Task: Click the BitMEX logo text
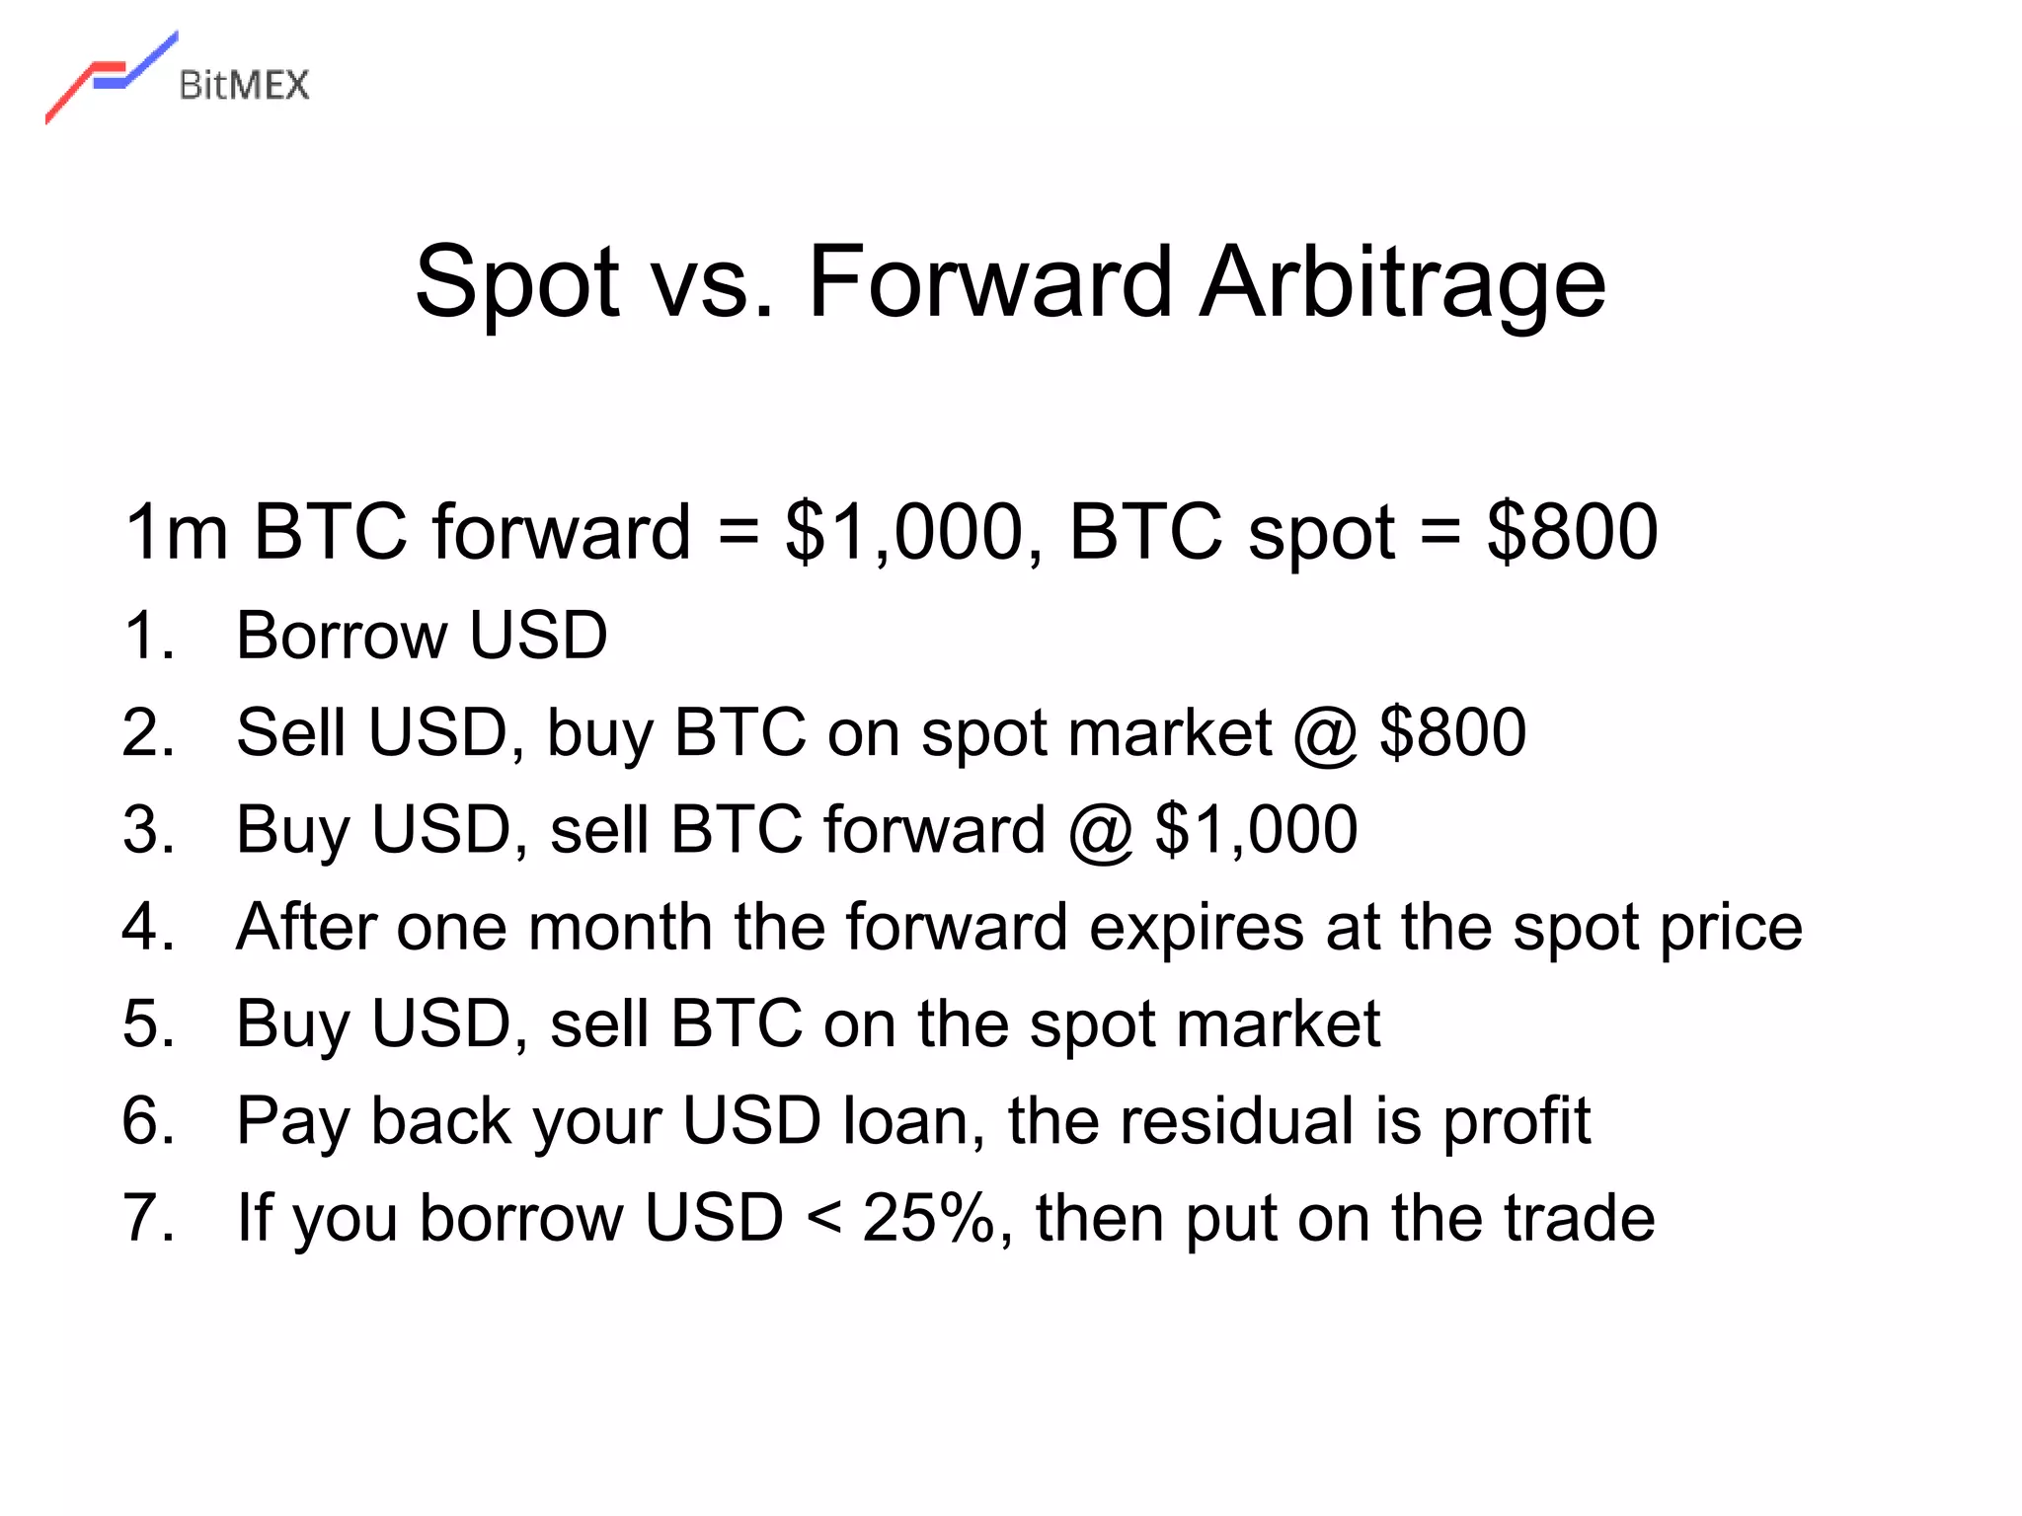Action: (244, 85)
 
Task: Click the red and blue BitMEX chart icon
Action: (111, 77)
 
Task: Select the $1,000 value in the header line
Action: (903, 533)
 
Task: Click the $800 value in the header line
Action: (1572, 533)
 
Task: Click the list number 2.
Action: (148, 733)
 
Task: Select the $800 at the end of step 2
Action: (1452, 733)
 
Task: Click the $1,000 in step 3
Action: (1256, 830)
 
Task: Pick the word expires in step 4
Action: (1196, 930)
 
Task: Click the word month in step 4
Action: (619, 928)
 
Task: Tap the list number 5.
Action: (148, 1023)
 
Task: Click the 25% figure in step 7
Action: (930, 1218)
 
